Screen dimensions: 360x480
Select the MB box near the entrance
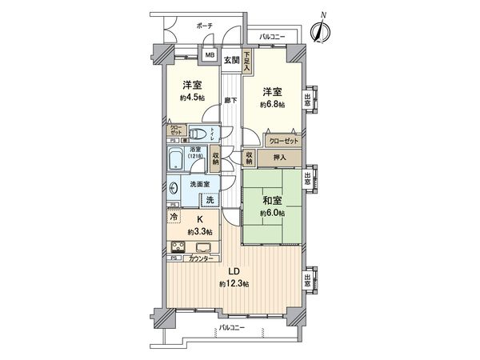click(209, 56)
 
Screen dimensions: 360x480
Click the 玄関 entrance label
click(231, 60)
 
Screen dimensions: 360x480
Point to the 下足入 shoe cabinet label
click(247, 62)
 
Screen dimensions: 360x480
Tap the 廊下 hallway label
click(231, 101)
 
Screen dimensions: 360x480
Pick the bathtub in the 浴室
click(178, 159)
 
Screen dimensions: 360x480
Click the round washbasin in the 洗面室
click(176, 188)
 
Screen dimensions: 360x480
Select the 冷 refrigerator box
click(174, 216)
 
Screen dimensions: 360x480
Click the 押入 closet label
click(282, 158)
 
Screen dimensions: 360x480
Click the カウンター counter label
click(201, 259)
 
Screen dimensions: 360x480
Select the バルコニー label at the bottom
click(230, 329)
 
